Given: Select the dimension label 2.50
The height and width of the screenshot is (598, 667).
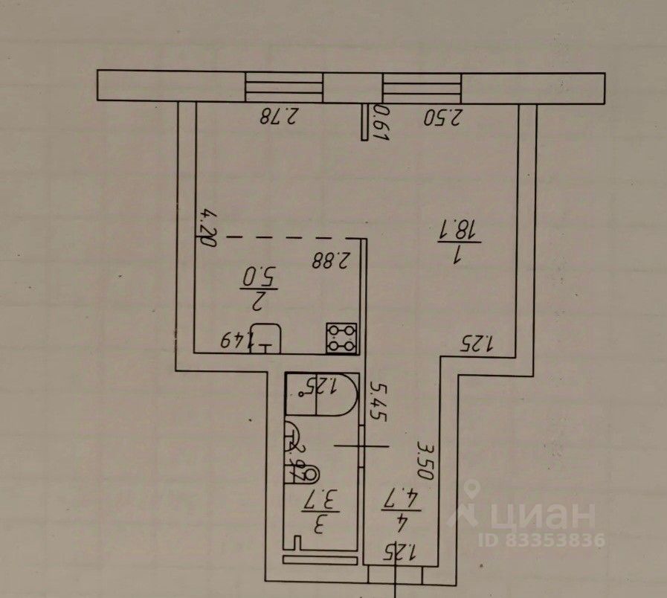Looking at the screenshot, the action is (x=443, y=117).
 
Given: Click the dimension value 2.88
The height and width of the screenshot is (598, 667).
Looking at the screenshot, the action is (x=332, y=260).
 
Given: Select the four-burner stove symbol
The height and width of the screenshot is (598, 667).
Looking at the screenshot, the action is (x=343, y=338).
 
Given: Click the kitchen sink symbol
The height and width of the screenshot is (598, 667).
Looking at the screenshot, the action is (x=266, y=339).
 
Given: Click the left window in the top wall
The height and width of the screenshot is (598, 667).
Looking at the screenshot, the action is (x=285, y=87).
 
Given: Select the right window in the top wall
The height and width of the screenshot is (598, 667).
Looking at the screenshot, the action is (x=422, y=87).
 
